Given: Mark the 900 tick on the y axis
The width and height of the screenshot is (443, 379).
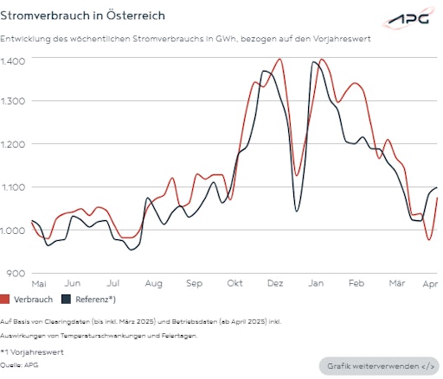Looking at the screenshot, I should click(x=16, y=273).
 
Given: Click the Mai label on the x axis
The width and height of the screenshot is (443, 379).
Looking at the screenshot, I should click(x=38, y=283).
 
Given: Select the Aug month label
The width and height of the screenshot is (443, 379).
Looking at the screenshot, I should click(x=154, y=283).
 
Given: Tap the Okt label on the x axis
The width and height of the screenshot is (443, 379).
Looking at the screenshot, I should click(x=235, y=283).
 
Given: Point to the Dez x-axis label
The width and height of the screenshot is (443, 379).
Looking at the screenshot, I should click(x=275, y=283).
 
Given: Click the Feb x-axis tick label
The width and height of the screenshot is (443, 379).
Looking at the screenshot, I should click(x=356, y=283).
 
